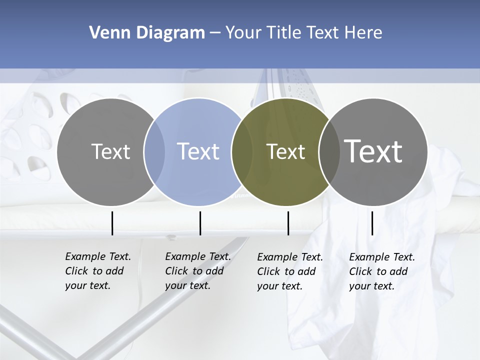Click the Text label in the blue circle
click(x=198, y=151)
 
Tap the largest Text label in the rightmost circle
click(x=373, y=151)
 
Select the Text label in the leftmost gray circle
click(x=110, y=151)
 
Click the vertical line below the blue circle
click(x=200, y=223)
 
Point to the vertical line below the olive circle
click(x=288, y=223)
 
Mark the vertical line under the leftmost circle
click(x=112, y=223)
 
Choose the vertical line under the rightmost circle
click(x=372, y=223)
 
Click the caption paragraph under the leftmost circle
click(x=97, y=271)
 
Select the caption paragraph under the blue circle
click(x=197, y=271)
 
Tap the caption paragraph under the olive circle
click(x=289, y=271)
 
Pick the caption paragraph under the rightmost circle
click(x=381, y=271)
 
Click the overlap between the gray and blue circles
click(x=154, y=151)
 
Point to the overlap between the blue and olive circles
click(x=242, y=151)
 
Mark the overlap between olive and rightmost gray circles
click(x=328, y=151)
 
